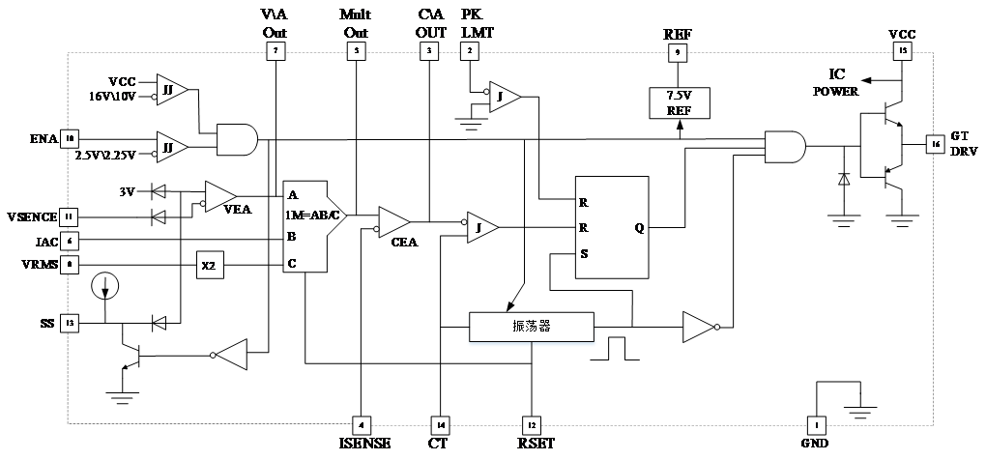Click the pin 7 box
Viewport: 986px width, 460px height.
click(275, 52)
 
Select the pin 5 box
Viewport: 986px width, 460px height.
click(357, 52)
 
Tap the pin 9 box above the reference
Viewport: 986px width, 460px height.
click(678, 53)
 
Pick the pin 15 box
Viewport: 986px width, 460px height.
click(902, 52)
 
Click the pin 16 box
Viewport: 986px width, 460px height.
click(935, 144)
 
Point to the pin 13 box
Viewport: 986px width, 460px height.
click(69, 324)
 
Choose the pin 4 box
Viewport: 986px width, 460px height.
click(361, 425)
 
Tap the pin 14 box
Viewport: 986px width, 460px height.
click(440, 425)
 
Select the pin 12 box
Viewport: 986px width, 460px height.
click(531, 425)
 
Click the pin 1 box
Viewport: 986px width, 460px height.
click(816, 425)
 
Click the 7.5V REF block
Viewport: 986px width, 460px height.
click(679, 102)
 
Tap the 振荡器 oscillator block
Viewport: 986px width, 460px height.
click(532, 327)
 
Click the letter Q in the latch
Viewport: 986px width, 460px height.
click(639, 229)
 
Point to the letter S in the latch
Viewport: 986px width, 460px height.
click(583, 254)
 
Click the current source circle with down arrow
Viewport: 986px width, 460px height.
click(104, 286)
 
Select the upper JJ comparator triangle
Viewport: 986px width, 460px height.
click(171, 89)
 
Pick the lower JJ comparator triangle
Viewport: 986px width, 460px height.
click(171, 148)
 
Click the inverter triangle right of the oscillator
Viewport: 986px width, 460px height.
click(697, 328)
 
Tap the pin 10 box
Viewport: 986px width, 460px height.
click(69, 139)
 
